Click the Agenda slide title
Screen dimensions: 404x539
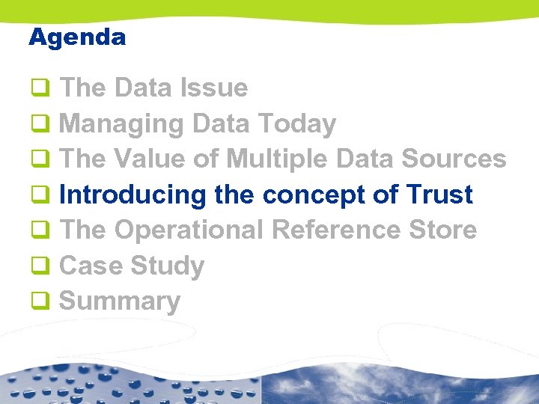pos(77,37)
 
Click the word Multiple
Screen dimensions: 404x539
pos(278,159)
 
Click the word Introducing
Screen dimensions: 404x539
pos(133,195)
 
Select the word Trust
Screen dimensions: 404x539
pos(439,195)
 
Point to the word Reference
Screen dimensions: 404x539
pos(335,230)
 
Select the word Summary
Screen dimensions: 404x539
pos(120,301)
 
